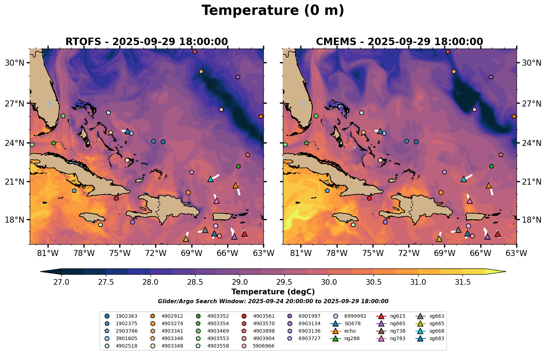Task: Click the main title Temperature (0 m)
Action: point(273,11)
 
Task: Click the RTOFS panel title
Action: point(146,42)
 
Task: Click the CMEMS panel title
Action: point(399,42)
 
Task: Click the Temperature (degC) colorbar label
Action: point(273,292)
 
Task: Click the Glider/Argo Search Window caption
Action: point(273,301)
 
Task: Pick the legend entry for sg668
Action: point(437,331)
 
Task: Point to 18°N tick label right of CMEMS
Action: point(531,220)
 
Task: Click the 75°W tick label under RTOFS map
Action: point(120,253)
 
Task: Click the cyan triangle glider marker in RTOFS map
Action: point(210,179)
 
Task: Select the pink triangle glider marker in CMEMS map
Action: point(469,201)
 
